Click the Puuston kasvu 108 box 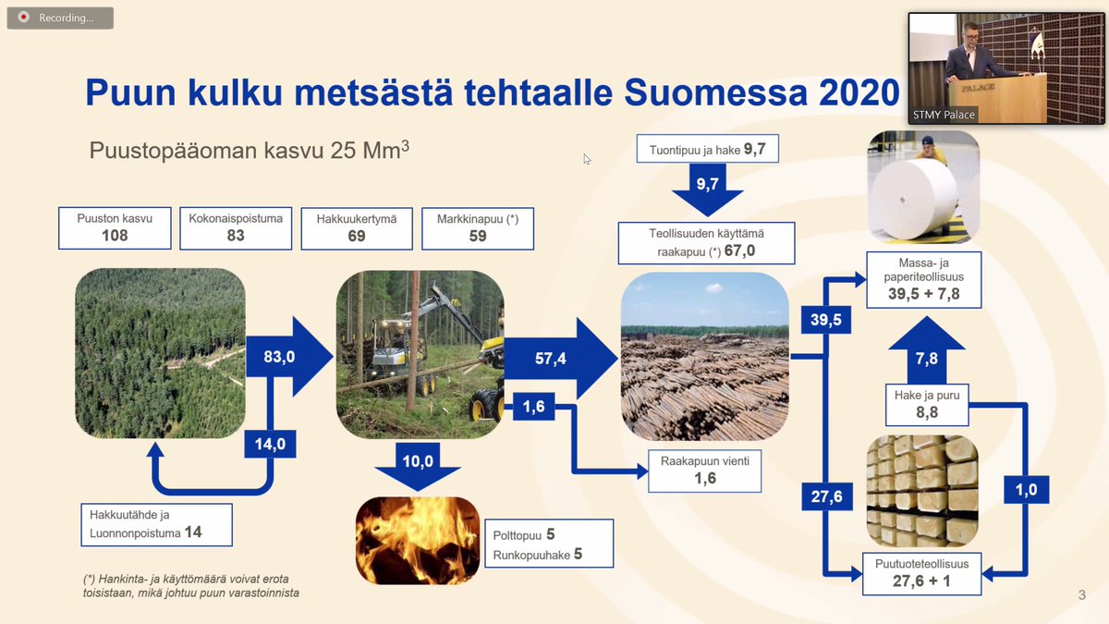115,227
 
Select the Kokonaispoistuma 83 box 236,227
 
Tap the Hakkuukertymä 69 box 357,227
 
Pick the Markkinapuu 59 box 478,227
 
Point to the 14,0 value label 270,445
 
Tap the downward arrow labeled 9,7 708,188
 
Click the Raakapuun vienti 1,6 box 705,470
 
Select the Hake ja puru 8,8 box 926,405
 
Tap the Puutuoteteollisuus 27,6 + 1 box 921,573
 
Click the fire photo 418,541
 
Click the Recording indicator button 60,18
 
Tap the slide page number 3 1081,594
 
